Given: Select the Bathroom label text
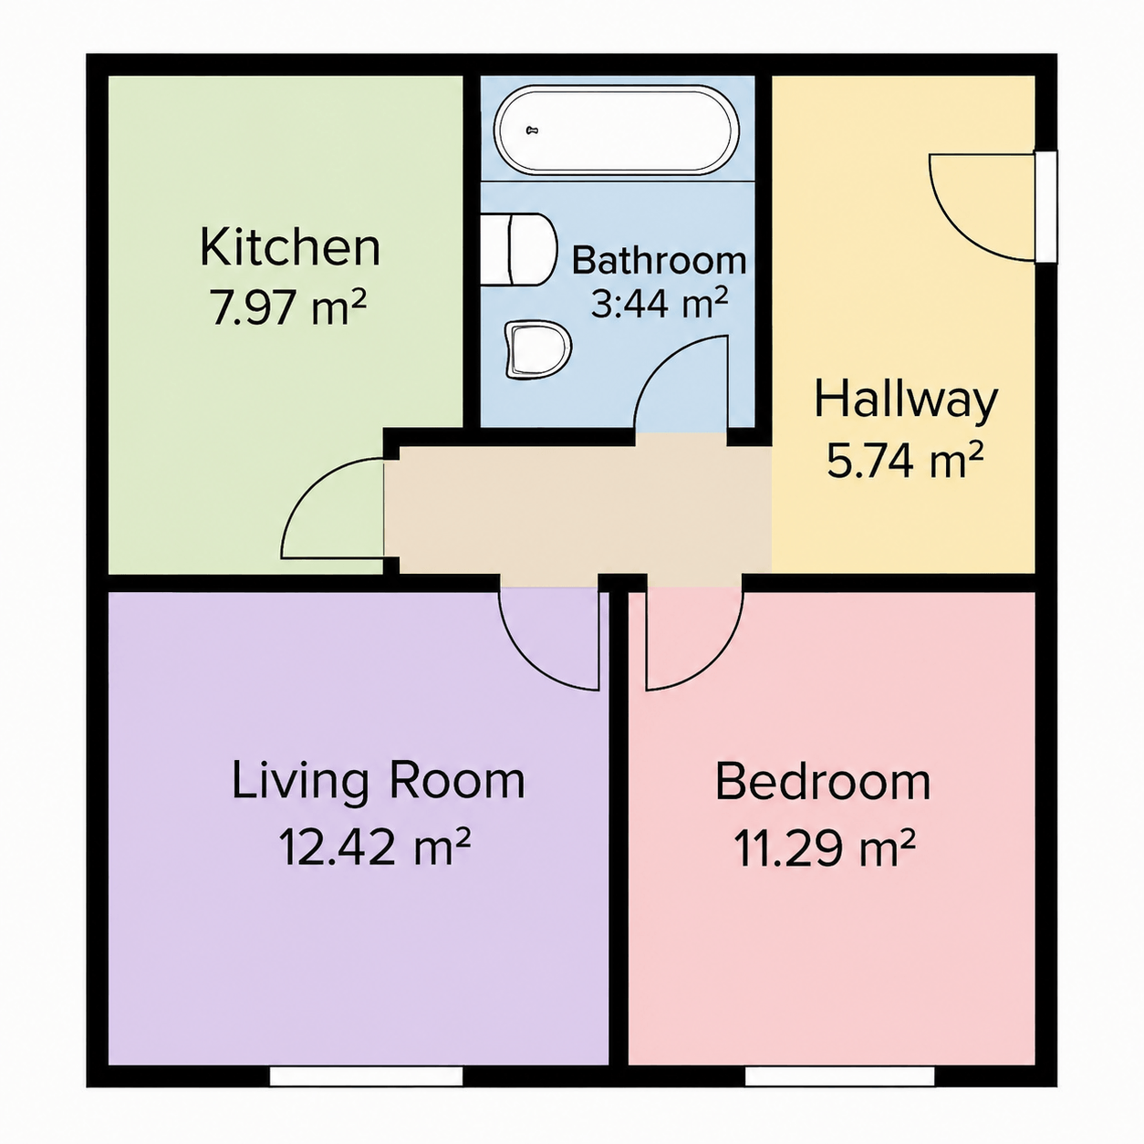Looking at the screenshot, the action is pyautogui.click(x=659, y=260).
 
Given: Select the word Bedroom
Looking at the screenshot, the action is pyautogui.click(x=822, y=783).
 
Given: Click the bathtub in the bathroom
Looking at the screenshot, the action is pyautogui.click(x=616, y=130).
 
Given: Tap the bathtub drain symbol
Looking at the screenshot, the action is pyautogui.click(x=533, y=130).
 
